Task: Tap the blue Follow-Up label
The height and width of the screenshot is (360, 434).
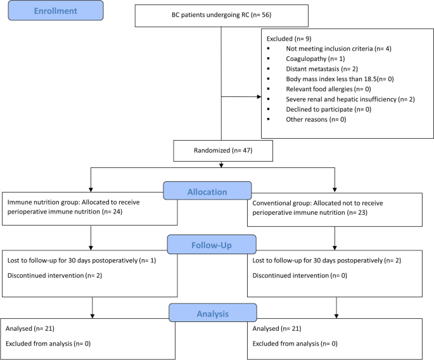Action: [212, 244]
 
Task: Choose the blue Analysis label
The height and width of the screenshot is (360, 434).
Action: [212, 312]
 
